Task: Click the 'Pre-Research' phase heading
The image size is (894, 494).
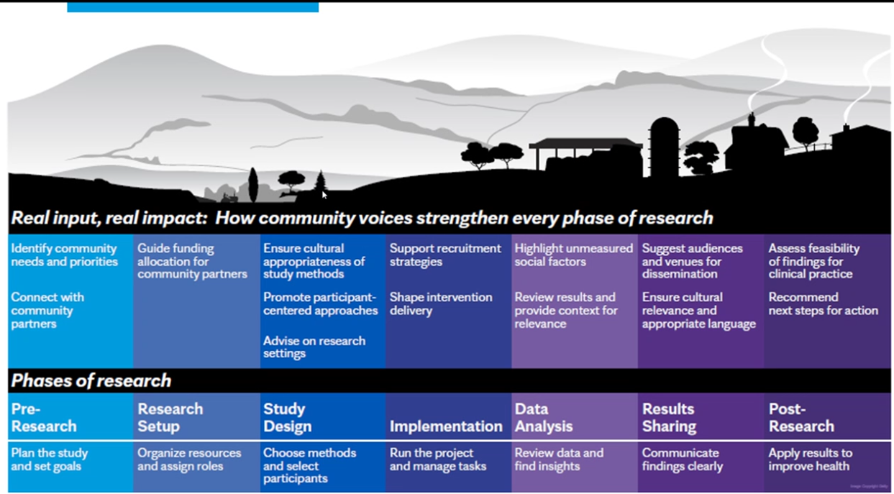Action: (x=43, y=418)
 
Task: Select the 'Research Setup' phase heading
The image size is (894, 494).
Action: (x=170, y=418)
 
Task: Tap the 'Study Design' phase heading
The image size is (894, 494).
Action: (x=287, y=418)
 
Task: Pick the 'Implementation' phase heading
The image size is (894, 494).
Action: (x=446, y=426)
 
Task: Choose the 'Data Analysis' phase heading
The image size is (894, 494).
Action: (x=543, y=418)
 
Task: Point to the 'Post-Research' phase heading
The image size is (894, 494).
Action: (x=801, y=418)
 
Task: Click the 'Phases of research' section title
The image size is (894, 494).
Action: (x=91, y=380)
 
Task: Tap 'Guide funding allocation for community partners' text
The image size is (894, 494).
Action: (x=192, y=261)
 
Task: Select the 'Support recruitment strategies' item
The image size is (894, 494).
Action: (x=445, y=255)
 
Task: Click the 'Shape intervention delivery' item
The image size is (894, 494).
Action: (x=440, y=303)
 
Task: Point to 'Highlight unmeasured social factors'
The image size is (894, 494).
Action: (x=573, y=255)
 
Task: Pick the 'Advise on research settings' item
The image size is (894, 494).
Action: (x=314, y=347)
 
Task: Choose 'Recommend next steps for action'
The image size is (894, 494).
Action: (x=823, y=303)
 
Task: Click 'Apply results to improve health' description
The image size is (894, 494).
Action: (x=810, y=459)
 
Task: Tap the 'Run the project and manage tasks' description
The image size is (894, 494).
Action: (x=437, y=459)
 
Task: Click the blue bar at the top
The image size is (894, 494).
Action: (x=193, y=6)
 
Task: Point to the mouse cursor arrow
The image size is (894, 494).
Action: (x=324, y=194)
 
